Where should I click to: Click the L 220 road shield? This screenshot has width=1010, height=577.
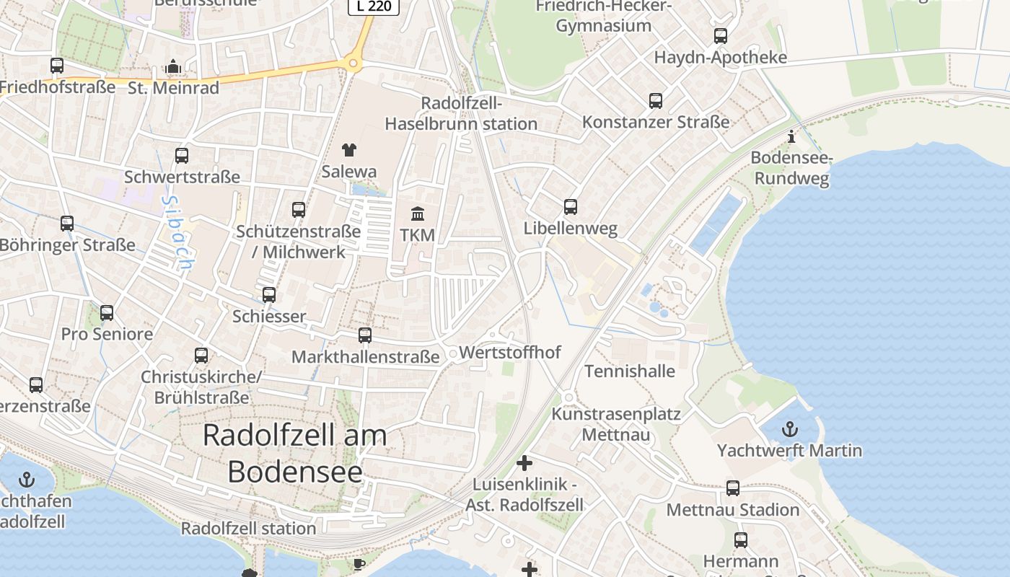coord(373,6)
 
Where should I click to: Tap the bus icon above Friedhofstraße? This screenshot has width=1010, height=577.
coord(57,65)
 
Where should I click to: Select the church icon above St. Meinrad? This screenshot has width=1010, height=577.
coord(172,67)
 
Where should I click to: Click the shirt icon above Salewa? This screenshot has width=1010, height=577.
coord(349,150)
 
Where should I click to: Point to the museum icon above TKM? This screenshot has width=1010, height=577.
coord(418,213)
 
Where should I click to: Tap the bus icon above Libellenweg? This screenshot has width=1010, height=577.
coord(571,207)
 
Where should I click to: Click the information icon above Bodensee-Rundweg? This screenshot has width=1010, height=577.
coord(791,136)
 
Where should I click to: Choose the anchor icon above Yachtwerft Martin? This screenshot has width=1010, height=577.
coord(790,429)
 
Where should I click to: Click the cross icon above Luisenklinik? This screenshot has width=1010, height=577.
coord(524,462)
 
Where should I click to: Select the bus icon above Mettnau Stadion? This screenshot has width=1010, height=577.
coord(733,488)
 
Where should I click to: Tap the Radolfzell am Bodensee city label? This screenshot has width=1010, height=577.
coord(295,453)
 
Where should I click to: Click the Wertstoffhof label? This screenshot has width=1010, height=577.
coord(509,353)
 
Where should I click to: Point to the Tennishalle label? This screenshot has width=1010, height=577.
coord(630,371)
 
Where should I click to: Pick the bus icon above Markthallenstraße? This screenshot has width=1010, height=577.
coord(365,335)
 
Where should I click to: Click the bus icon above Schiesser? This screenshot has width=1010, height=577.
coord(269,295)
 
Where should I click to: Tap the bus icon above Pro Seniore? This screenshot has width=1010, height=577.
coord(107,313)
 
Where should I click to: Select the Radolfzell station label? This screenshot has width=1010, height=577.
coord(248,528)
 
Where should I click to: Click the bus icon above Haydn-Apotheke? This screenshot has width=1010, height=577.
coord(720,36)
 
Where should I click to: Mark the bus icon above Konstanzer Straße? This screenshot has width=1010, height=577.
coord(656,101)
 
